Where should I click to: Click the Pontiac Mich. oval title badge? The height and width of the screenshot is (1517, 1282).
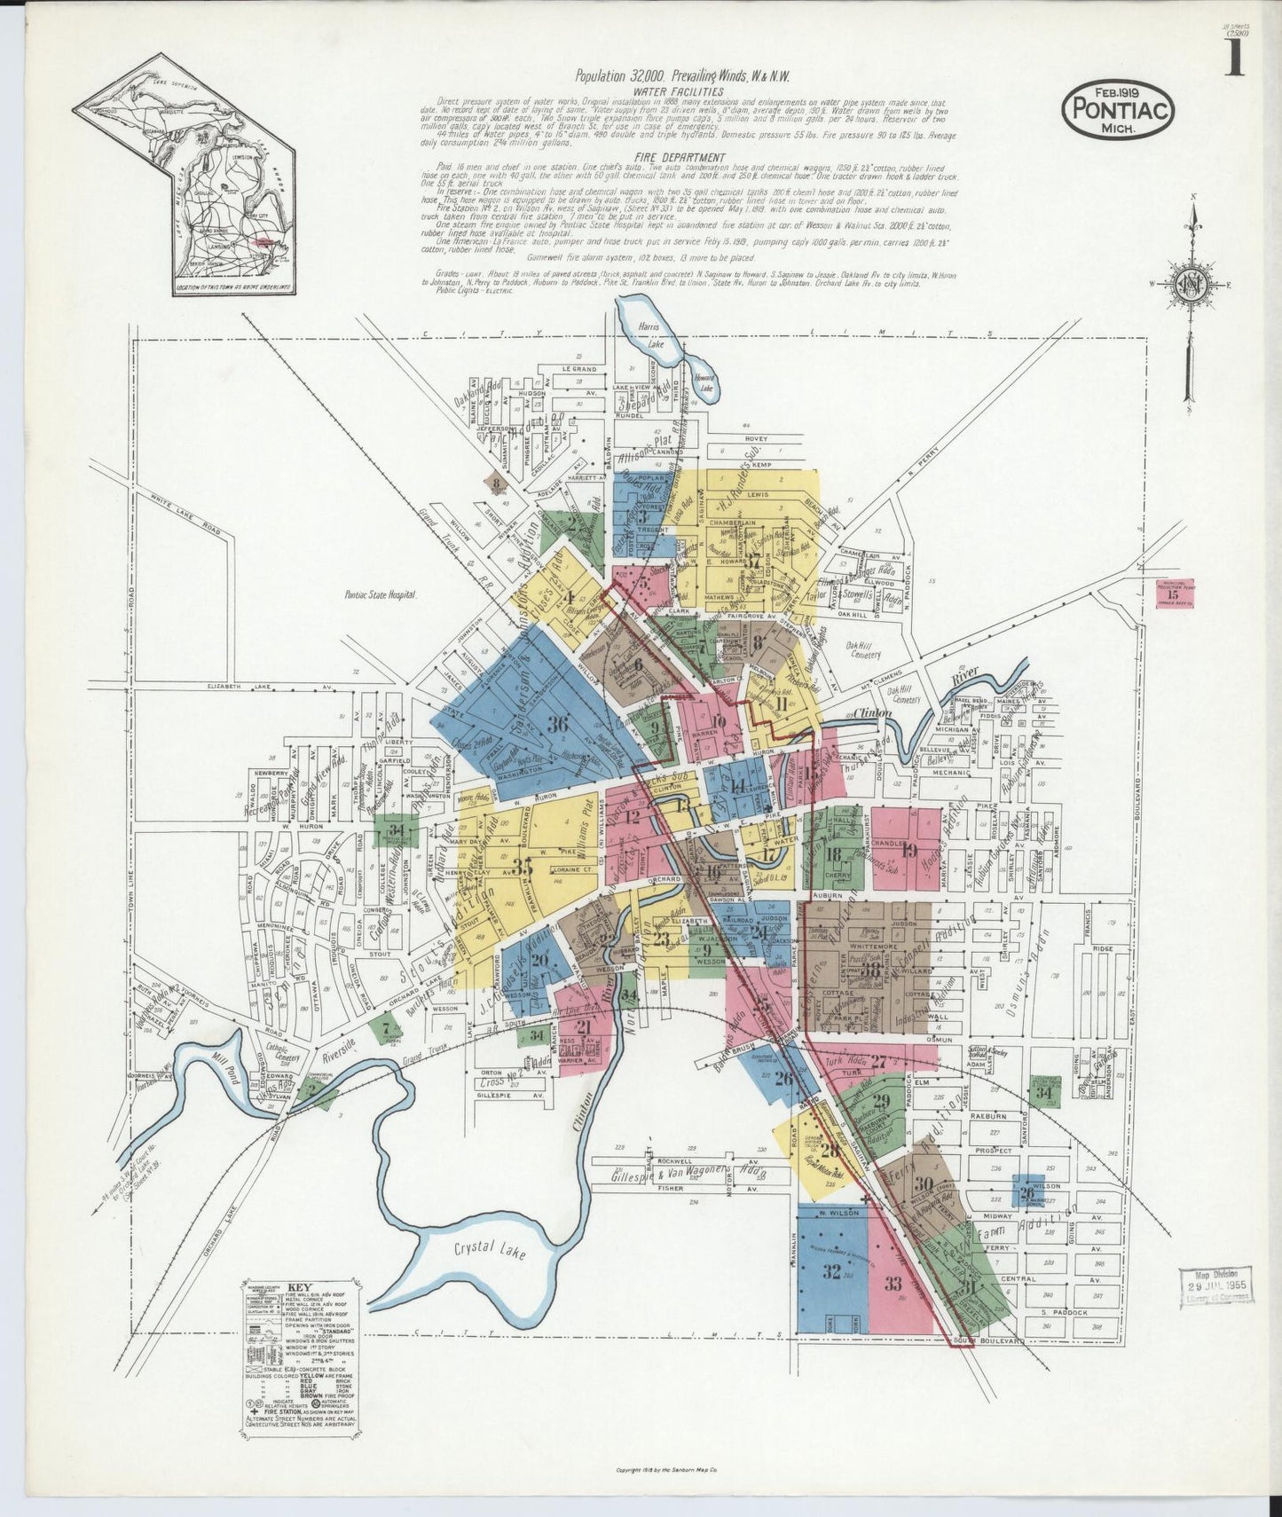coord(1119,108)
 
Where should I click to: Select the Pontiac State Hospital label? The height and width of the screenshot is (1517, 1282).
coord(380,596)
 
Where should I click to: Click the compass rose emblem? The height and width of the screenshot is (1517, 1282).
coord(1191,285)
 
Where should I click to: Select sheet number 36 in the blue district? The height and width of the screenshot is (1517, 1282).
coord(557,723)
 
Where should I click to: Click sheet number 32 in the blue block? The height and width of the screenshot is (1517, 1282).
coord(830,1272)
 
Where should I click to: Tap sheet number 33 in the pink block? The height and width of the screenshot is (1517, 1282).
coord(893,1283)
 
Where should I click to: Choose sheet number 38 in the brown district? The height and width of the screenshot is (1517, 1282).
coord(869,970)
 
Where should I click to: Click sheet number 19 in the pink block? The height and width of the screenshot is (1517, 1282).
coord(908,848)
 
